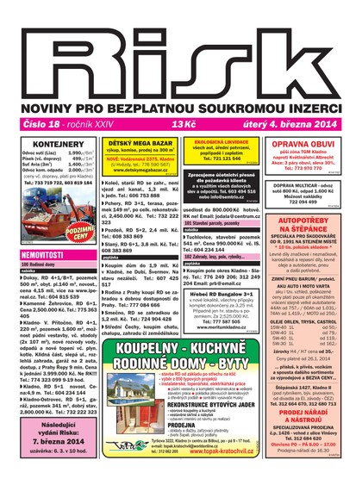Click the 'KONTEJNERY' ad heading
pyautogui.click(x=57, y=144)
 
